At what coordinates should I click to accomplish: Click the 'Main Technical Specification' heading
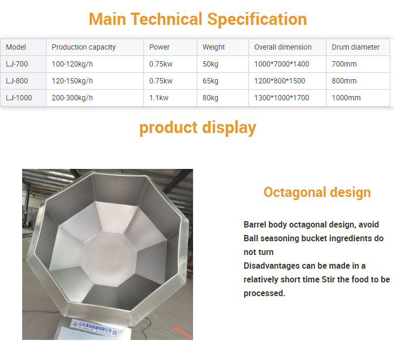pos(198,19)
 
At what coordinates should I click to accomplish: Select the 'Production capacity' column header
pos(84,47)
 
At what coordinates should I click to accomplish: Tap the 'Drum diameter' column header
pos(355,47)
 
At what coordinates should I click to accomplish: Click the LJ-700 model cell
pos(17,64)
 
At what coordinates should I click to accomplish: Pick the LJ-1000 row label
pos(19,98)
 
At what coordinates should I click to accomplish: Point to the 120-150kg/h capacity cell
pos(72,81)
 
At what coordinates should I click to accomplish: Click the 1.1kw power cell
pos(159,98)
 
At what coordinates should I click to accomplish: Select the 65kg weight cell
pos(210,81)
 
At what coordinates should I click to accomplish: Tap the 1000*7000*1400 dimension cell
pos(282,64)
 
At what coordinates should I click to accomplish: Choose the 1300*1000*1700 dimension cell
pos(282,98)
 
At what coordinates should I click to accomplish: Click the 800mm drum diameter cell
pos(344,81)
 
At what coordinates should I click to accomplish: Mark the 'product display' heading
pos(198,128)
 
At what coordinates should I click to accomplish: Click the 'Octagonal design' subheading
pos(317,192)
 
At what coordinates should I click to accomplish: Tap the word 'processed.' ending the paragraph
pos(264,293)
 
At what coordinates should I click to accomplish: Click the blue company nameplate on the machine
pos(94,327)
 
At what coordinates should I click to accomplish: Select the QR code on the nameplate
pos(115,333)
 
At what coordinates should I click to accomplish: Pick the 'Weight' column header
pos(214,47)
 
